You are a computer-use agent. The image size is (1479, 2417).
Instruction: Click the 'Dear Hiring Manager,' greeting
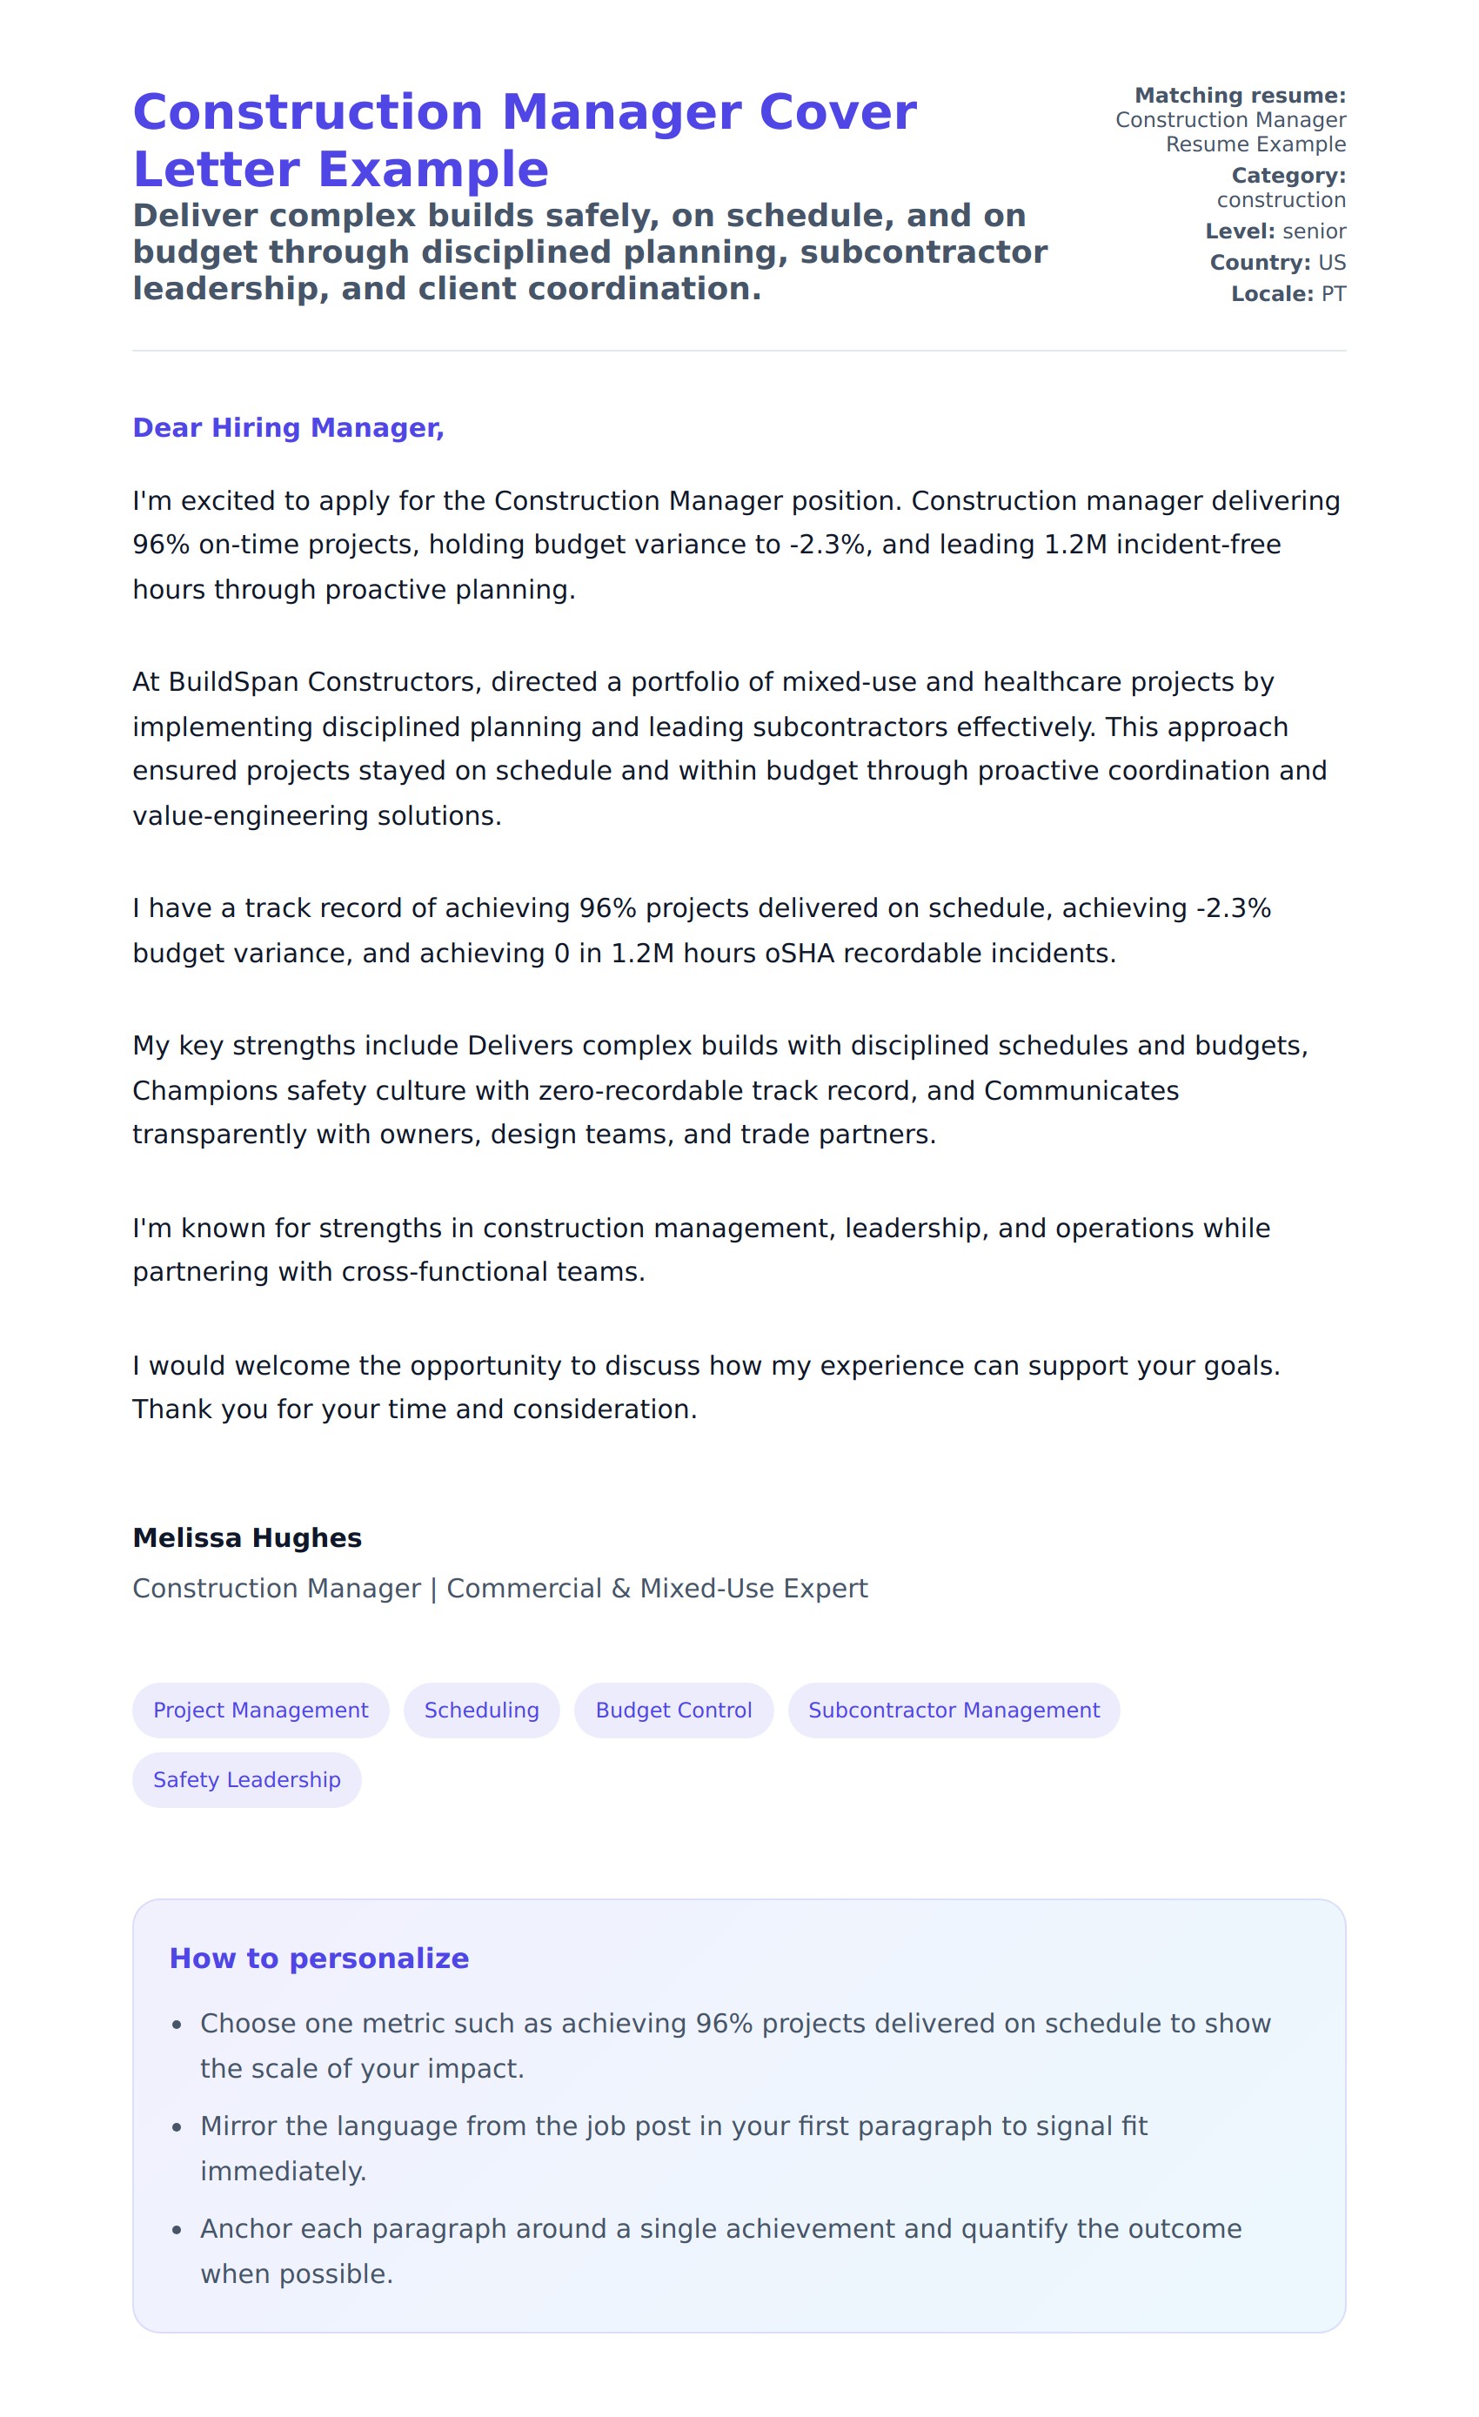288,428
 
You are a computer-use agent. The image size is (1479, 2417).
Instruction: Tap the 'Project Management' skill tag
261,1710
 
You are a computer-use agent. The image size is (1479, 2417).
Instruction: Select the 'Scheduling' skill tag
482,1710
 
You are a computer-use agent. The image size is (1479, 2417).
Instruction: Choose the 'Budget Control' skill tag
673,1710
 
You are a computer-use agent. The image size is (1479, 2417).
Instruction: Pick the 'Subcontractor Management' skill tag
954,1710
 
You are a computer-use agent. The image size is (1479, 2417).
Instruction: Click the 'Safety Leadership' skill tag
247,1779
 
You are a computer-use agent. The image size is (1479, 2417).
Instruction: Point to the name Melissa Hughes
247,1537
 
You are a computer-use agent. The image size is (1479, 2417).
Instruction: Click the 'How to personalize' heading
318,1958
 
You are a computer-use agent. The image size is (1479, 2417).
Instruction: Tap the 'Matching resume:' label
1240,95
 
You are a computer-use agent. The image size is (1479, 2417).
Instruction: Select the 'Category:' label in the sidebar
1288,176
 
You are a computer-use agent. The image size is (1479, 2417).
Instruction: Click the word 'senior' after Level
1315,231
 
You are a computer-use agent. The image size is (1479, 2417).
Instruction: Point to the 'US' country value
1332,263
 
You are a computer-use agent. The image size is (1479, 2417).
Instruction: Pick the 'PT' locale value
1333,294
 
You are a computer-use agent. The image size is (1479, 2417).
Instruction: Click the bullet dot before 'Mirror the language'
177,2127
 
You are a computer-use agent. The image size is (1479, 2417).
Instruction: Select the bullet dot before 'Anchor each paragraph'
177,2231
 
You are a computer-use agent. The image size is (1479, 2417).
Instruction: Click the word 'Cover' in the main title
838,112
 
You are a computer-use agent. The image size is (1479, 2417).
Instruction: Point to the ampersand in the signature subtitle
621,1588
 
